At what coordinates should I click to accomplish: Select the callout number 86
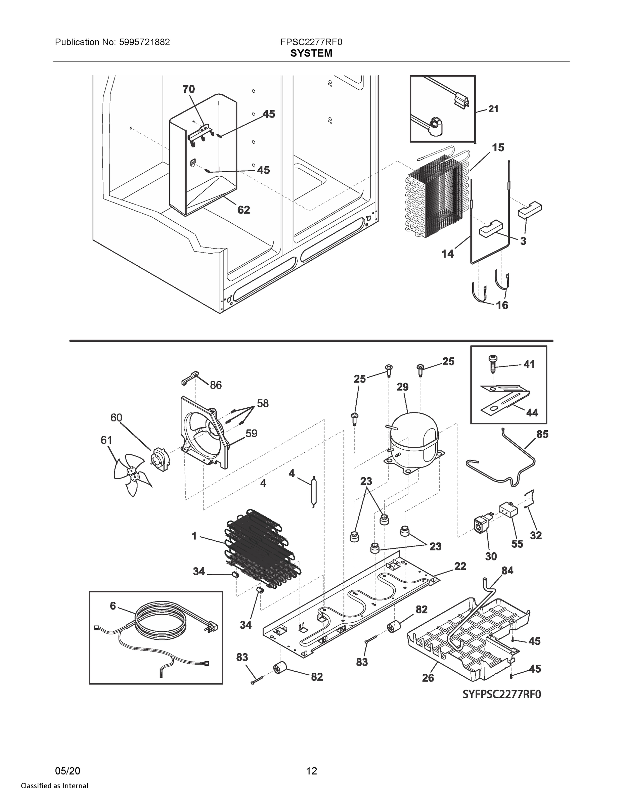point(216,385)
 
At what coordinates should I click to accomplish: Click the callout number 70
point(189,89)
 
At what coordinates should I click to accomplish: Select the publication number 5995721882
point(144,42)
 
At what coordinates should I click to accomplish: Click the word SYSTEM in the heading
point(311,53)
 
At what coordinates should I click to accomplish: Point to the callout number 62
point(243,210)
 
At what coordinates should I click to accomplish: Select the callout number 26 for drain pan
point(428,678)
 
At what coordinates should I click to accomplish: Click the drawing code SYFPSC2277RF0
point(502,695)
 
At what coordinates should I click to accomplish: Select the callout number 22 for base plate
point(460,566)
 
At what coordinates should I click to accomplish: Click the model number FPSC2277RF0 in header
point(311,42)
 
